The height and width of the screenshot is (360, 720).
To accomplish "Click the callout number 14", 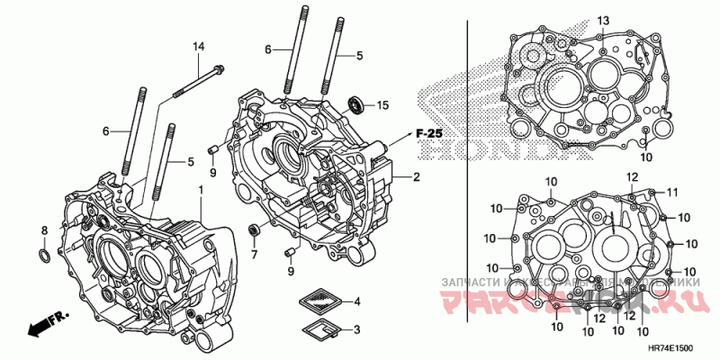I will [198, 46].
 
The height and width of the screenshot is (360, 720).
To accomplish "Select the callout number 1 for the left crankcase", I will [201, 191].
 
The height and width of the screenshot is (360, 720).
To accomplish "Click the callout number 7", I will [254, 255].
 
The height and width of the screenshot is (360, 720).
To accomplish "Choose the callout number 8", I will [43, 231].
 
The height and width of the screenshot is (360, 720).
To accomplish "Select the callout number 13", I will [603, 20].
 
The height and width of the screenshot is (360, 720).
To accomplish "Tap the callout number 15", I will [382, 105].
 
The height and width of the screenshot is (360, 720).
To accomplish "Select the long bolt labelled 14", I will [193, 82].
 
